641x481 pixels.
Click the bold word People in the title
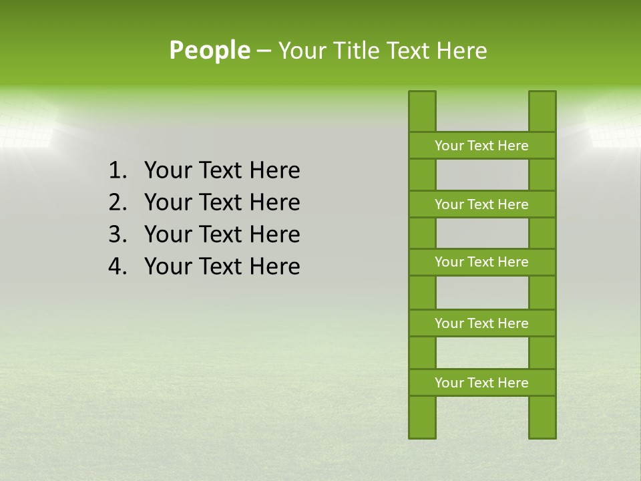point(209,51)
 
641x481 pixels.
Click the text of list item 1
point(222,171)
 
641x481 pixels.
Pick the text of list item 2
point(222,202)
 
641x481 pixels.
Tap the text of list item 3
point(222,234)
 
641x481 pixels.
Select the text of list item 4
point(222,267)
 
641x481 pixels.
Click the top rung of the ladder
point(481,146)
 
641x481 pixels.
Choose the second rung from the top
point(481,204)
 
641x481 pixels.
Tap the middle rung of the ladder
point(481,262)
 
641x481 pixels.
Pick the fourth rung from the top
point(481,323)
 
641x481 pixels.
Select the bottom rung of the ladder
point(481,383)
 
